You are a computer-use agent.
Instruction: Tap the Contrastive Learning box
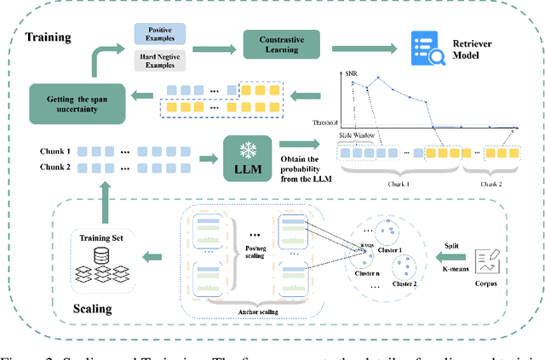(284, 45)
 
